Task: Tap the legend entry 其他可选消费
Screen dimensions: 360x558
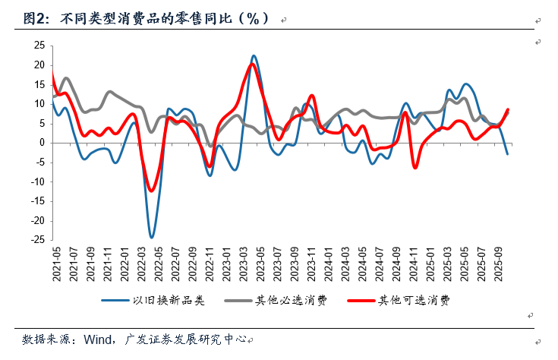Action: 415,300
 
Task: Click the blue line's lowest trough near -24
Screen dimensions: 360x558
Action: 151,238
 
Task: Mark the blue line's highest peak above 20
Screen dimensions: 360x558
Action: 254,55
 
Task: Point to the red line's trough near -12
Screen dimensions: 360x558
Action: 151,191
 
